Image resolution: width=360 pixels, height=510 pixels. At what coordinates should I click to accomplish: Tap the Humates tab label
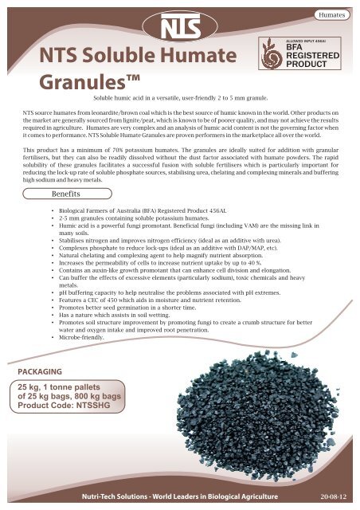(x=335, y=15)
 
